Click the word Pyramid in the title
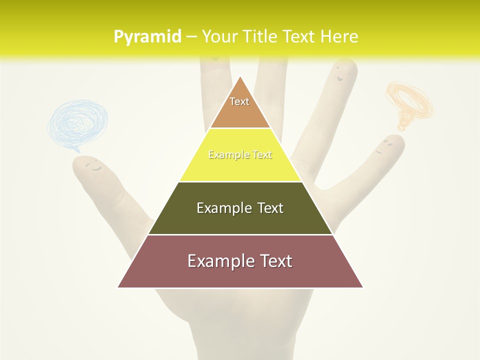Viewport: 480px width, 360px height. [147, 37]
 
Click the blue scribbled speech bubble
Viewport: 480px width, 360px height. [77, 122]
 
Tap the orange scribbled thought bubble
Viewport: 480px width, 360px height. [409, 102]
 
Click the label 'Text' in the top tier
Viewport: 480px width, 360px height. [239, 101]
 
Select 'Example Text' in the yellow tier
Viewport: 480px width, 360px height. [240, 155]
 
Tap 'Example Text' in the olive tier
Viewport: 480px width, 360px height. [240, 208]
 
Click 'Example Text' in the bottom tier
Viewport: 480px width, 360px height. [240, 261]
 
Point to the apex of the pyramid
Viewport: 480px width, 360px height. [240, 77]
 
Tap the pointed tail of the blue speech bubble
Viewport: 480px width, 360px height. [76, 150]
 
